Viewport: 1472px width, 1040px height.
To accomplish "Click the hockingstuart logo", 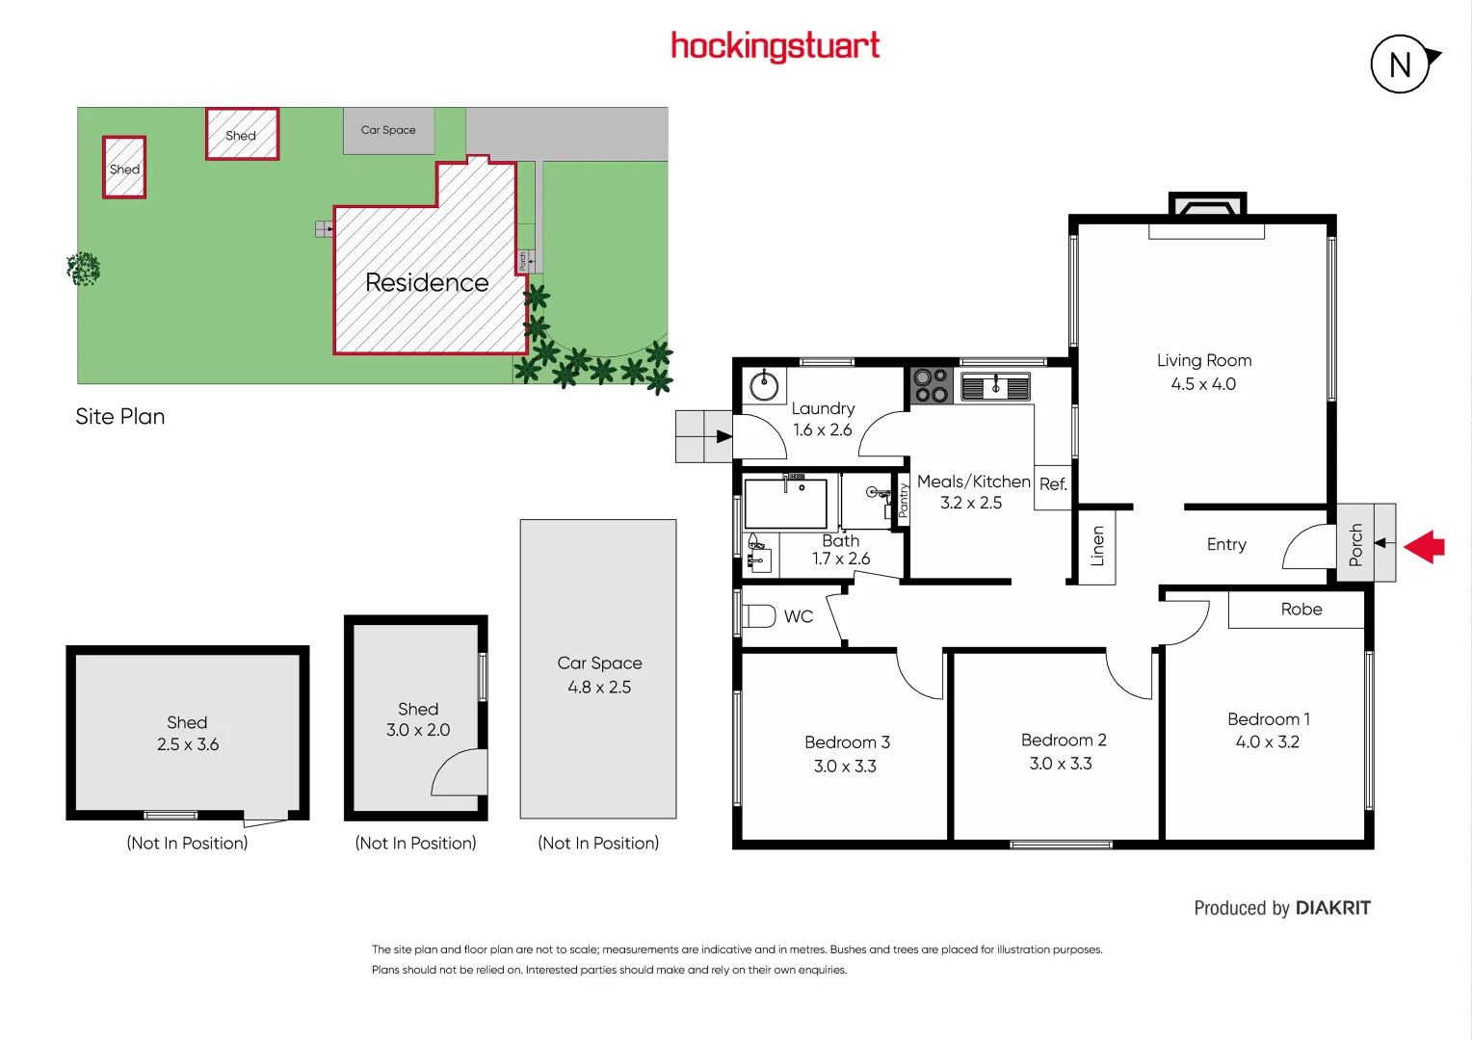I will coord(775,46).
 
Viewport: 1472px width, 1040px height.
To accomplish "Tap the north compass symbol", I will coord(1402,65).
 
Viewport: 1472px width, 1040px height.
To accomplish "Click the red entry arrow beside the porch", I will coord(1425,547).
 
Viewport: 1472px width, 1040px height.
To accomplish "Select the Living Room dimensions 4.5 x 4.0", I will coord(1203,384).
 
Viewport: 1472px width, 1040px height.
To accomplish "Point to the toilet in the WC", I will coord(760,615).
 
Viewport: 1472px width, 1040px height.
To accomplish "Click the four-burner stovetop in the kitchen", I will coord(932,385).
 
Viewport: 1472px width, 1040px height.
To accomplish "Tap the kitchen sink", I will coord(995,387).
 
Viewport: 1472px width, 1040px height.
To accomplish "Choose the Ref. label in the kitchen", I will coord(1053,484).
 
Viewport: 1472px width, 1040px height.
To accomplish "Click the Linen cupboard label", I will coord(1097,546).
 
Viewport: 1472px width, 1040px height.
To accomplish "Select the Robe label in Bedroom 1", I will coord(1301,610).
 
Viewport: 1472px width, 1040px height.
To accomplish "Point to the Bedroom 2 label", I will coord(1064,740).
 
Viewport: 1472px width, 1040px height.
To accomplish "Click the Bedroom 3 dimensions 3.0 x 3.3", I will coord(845,767).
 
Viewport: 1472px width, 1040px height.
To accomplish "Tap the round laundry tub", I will coord(765,387).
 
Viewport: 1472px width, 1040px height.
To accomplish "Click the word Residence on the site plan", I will coord(427,282).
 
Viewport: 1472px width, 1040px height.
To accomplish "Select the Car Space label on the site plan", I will coord(388,130).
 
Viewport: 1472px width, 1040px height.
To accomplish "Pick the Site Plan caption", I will coord(120,417).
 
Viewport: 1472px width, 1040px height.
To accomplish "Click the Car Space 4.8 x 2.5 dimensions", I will coord(599,688).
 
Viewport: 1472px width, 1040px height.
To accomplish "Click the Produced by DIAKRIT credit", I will coord(1281,908).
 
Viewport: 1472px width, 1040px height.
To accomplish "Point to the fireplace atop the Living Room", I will coord(1207,207).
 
